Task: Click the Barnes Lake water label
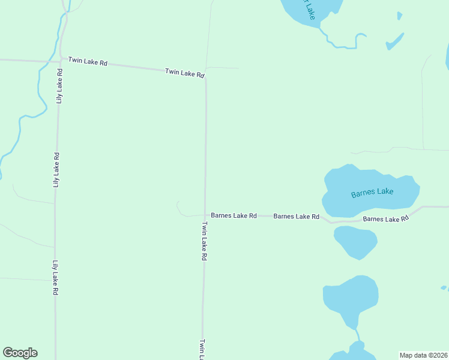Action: click(x=372, y=192)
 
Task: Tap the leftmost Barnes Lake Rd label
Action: click(x=234, y=215)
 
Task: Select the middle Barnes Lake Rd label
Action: click(x=296, y=216)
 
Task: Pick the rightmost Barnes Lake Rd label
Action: click(x=385, y=219)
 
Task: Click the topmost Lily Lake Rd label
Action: click(x=59, y=86)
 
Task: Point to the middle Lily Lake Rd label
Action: click(x=56, y=170)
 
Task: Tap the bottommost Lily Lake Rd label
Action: click(x=55, y=277)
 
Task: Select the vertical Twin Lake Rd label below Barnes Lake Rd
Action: click(x=204, y=241)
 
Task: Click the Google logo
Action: click(x=20, y=353)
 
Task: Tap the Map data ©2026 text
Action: click(x=423, y=355)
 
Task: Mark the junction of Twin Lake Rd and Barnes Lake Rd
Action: click(x=205, y=215)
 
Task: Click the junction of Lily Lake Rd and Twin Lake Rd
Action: click(x=61, y=60)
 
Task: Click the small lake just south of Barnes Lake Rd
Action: click(x=355, y=241)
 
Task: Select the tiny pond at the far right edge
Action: click(x=444, y=288)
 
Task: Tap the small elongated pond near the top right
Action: click(x=394, y=41)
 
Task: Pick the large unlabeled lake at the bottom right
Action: click(x=350, y=296)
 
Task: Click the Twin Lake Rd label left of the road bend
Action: click(x=185, y=73)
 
